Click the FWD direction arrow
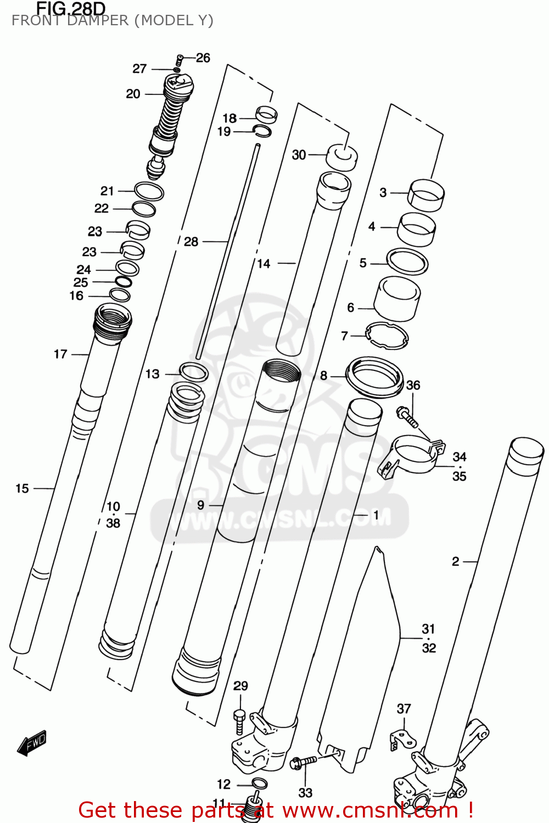(x=32, y=743)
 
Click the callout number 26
(x=203, y=58)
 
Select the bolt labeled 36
(x=407, y=416)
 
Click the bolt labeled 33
(x=302, y=762)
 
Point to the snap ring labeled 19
(x=262, y=130)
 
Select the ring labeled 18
(x=266, y=114)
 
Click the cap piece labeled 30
(x=341, y=156)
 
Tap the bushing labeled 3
(x=426, y=195)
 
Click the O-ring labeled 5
(x=407, y=262)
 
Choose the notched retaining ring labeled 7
(x=387, y=335)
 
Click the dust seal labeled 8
(x=374, y=376)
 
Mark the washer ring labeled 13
(x=194, y=372)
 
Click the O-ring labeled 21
(x=149, y=191)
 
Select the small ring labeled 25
(x=124, y=282)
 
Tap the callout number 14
(x=264, y=263)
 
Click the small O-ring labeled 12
(x=259, y=783)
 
